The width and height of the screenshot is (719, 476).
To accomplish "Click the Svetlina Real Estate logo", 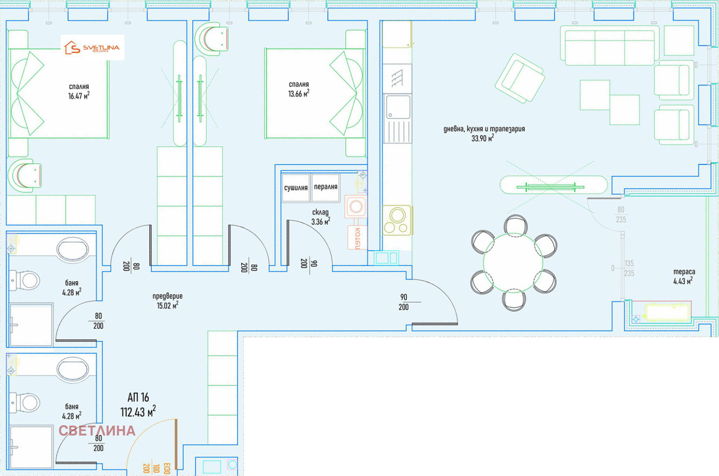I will [93, 48].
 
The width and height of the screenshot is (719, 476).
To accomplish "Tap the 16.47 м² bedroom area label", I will [79, 91].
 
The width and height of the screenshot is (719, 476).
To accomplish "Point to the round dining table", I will [513, 263].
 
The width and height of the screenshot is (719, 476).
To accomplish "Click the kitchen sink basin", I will [398, 107].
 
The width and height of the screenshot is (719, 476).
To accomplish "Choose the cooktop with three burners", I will [397, 220].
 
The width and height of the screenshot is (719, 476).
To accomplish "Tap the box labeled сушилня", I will [296, 188].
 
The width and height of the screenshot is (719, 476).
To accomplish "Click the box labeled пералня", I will [325, 187].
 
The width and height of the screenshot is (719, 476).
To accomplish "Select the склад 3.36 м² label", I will [320, 217].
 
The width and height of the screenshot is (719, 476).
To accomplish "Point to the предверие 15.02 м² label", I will [167, 301].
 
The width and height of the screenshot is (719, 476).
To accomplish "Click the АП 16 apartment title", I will [138, 398].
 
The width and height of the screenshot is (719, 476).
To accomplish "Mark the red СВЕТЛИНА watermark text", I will [97, 431].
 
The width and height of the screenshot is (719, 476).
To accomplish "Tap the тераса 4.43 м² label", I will [683, 276].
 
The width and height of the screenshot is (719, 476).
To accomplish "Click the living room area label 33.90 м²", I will [484, 134].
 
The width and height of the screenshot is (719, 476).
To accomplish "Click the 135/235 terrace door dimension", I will [629, 268].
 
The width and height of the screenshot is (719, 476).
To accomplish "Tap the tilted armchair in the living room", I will [519, 78].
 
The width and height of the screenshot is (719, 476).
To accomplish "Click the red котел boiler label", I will [357, 238].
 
